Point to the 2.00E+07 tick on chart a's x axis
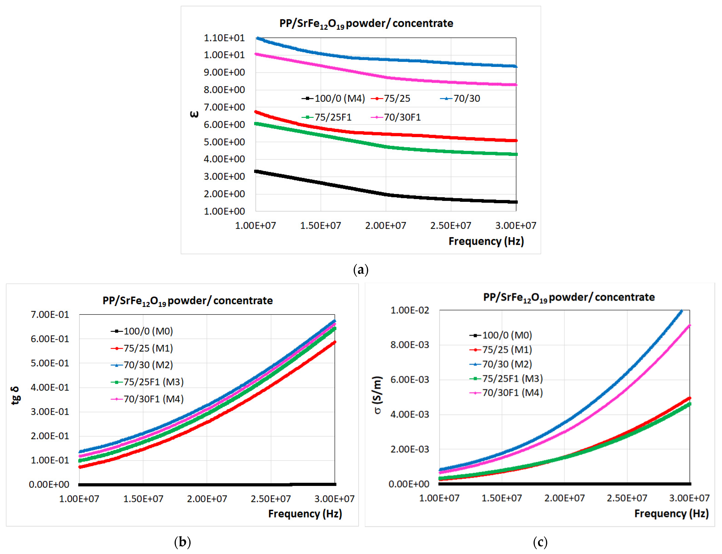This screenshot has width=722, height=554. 385,226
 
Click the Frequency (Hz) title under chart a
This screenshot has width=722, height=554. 486,241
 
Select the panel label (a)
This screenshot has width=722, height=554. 361,270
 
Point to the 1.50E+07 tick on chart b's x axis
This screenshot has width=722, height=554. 143,499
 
